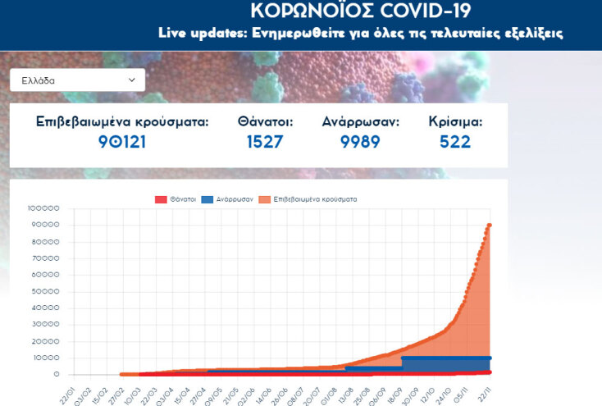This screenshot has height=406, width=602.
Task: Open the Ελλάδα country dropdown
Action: click(x=77, y=80)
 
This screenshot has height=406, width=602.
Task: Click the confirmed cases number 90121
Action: click(x=122, y=142)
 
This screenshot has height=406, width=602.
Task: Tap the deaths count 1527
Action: click(x=265, y=142)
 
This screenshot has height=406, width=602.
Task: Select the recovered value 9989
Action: click(x=360, y=142)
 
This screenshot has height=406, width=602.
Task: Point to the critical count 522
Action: click(x=455, y=142)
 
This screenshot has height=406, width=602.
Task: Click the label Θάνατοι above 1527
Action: click(x=265, y=121)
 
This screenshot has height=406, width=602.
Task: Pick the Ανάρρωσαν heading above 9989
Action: click(x=360, y=121)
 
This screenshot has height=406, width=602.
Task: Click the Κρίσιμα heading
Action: click(x=455, y=121)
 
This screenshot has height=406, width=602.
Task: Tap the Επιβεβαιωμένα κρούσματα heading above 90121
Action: click(x=122, y=121)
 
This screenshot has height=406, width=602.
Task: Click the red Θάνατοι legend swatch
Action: click(x=161, y=199)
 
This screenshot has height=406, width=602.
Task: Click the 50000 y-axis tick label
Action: click(x=46, y=291)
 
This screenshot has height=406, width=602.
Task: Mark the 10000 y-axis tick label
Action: click(x=46, y=358)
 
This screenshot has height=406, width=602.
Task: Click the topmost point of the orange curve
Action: click(x=490, y=225)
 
